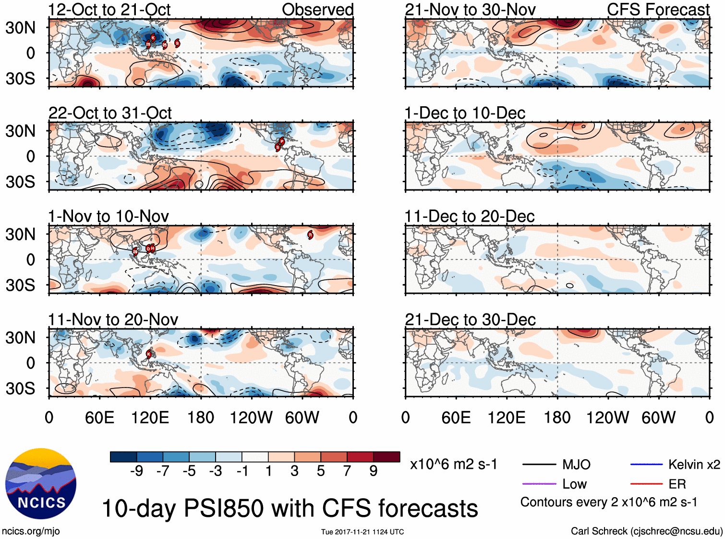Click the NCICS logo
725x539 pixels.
41,484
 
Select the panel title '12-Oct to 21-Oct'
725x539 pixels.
109,10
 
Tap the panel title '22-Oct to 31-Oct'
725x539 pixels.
110,113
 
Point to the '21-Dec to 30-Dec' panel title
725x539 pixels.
470,320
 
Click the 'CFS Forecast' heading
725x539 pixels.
658,10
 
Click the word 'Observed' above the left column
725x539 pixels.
317,10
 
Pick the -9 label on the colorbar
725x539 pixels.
136,471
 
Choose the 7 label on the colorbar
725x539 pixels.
347,471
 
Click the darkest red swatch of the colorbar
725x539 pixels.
387,457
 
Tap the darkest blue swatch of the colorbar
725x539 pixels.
123,457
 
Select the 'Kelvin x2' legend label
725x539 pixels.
694,464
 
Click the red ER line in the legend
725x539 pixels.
646,484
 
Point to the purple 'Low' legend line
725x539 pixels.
539,484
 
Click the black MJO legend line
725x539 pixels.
539,464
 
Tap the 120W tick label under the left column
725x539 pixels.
251,417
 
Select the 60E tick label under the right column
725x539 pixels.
456,417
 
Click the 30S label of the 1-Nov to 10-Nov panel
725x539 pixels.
20,285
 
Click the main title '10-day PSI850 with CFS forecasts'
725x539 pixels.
290,508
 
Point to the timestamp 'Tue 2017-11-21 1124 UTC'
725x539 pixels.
362,532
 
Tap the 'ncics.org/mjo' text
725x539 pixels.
31,531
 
